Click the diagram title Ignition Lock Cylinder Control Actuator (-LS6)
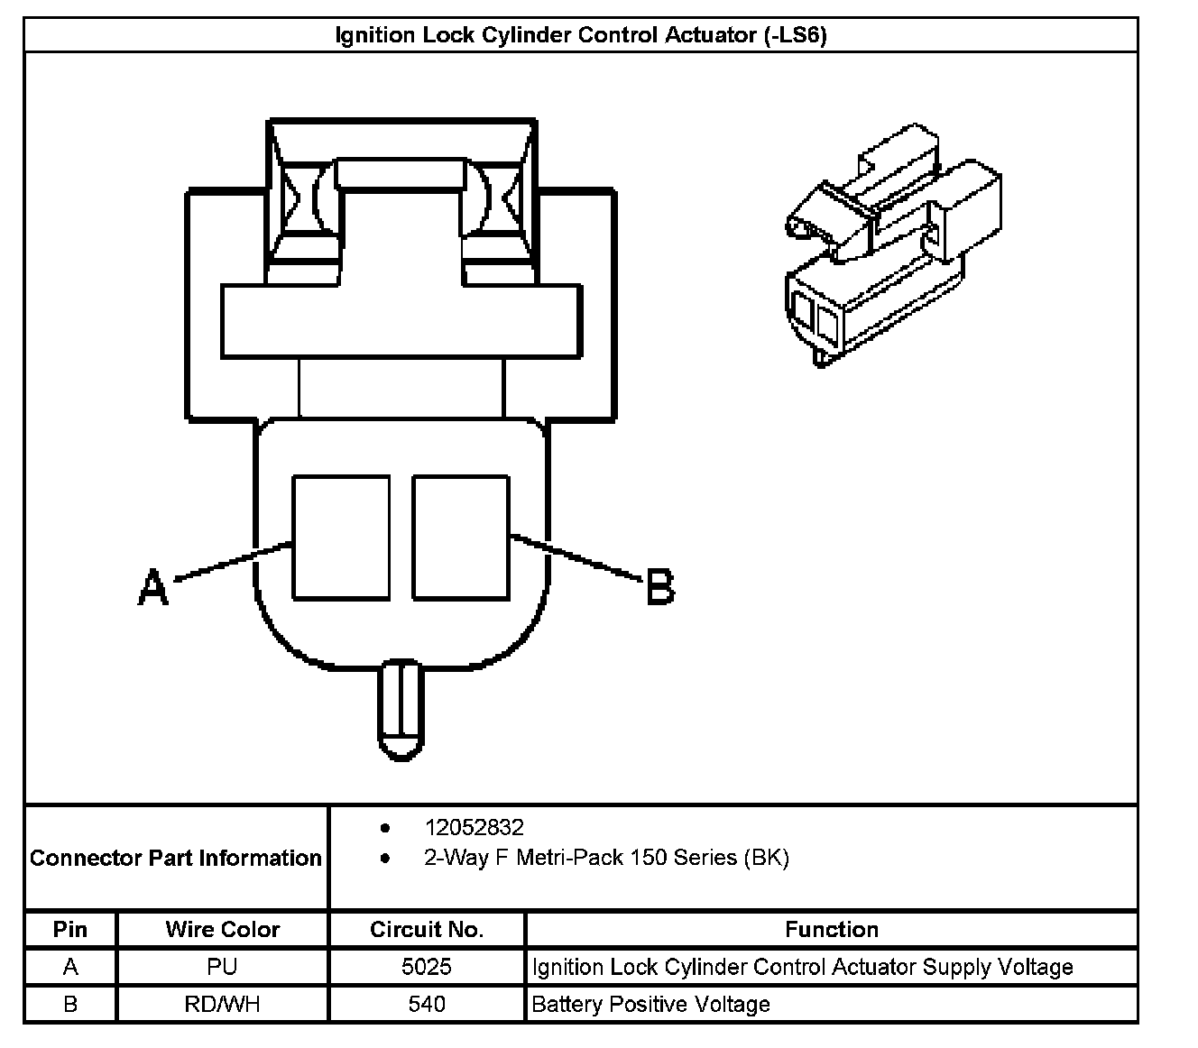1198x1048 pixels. coord(581,35)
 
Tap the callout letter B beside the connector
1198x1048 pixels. coord(660,588)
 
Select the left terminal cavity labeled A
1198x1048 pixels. coord(341,538)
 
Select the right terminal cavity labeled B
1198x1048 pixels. coord(460,538)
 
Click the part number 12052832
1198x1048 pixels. coord(474,828)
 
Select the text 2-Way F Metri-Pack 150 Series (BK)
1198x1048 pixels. coord(606,858)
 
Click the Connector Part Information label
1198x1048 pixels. coord(176,858)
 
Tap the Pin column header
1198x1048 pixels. coord(70,930)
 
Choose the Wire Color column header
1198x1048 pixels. coord(222,930)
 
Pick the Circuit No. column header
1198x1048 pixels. coord(427,930)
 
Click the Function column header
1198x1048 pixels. coord(831,930)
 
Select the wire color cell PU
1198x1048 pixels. coord(222,968)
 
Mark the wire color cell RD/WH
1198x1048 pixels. coord(222,1005)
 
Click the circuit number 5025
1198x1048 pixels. coord(427,968)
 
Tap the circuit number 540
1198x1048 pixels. coord(427,1005)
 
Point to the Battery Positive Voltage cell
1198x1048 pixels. coord(650,1005)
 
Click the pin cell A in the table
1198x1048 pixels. coord(70,968)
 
